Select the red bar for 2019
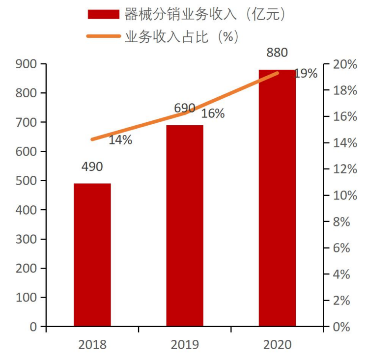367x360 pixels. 185,225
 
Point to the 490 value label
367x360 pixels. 92,167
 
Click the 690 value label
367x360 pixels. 185,108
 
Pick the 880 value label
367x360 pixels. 277,53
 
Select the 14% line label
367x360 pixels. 120,140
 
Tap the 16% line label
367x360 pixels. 213,113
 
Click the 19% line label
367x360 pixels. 306,74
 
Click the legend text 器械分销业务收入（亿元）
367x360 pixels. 205,14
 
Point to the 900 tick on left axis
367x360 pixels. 27,64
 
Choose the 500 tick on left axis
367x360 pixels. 27,181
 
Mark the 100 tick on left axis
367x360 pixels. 27,298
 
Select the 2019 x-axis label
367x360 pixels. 185,345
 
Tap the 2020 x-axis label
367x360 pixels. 277,345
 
